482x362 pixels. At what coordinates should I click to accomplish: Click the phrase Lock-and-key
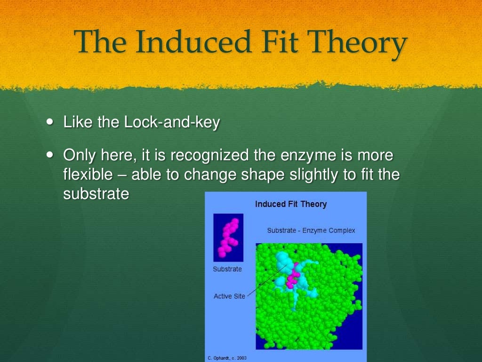pos(172,123)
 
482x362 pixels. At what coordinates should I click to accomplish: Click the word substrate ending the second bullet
pos(96,194)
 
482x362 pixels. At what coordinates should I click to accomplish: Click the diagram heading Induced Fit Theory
pos(290,204)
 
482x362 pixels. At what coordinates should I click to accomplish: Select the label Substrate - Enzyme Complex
pos(311,230)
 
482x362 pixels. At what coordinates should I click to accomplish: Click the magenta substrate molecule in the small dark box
pos(228,237)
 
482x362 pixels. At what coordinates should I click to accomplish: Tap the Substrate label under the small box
pos(227,269)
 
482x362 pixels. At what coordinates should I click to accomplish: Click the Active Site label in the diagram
pos(229,296)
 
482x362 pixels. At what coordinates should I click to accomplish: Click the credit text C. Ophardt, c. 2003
pos(227,358)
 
